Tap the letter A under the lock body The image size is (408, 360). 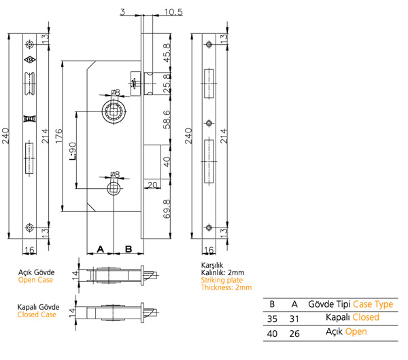pos(101,250)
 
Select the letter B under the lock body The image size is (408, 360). pos(128,250)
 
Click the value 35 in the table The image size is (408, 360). pos(272,317)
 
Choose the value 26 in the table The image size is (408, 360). pos(294,333)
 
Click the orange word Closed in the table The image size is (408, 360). pos(366,317)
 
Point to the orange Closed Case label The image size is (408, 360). pos(36,314)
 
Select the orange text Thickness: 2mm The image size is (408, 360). pos(226,287)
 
